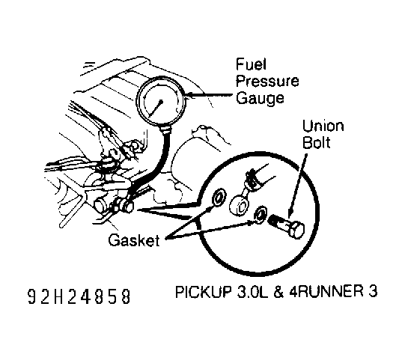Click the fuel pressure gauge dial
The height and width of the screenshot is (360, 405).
(163, 105)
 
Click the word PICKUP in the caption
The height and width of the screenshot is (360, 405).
(199, 291)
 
